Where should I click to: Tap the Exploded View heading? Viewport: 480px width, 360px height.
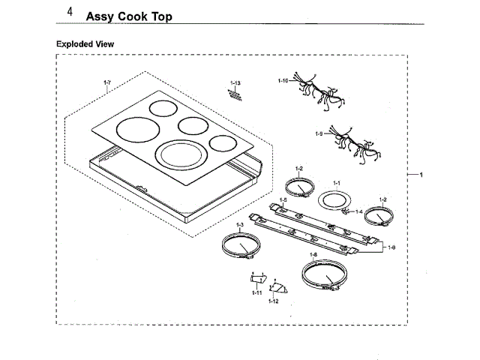pos(85,44)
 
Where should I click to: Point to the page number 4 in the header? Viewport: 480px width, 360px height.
pos(69,13)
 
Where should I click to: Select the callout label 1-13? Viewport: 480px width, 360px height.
pos(235,82)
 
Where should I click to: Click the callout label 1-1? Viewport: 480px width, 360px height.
pos(337,183)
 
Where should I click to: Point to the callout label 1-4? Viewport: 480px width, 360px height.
pos(358,212)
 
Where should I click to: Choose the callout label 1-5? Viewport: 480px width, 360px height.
pos(283,199)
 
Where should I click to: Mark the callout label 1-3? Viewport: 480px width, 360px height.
pos(240,224)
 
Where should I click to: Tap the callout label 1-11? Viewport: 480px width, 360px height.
pos(257,291)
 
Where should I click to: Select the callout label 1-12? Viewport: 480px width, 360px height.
pos(274,300)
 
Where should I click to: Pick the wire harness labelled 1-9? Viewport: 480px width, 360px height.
pos(352,142)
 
